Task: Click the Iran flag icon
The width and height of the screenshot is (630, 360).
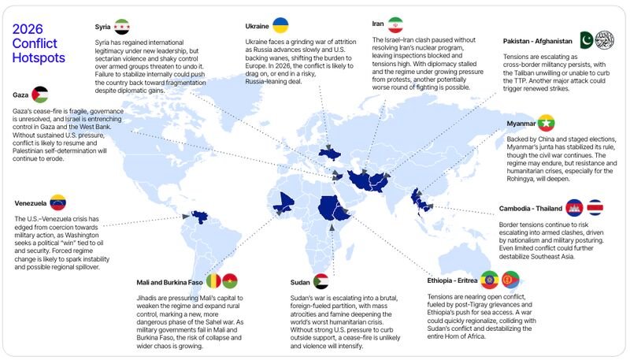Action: (396, 24)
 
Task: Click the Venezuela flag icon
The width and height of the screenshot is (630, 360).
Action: (57, 202)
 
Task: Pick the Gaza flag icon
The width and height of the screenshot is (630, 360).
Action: (39, 95)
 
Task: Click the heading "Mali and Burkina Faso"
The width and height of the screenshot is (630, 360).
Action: (169, 281)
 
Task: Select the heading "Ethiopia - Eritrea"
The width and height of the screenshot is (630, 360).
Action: (453, 280)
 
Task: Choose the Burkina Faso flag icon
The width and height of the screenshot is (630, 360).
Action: (230, 280)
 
